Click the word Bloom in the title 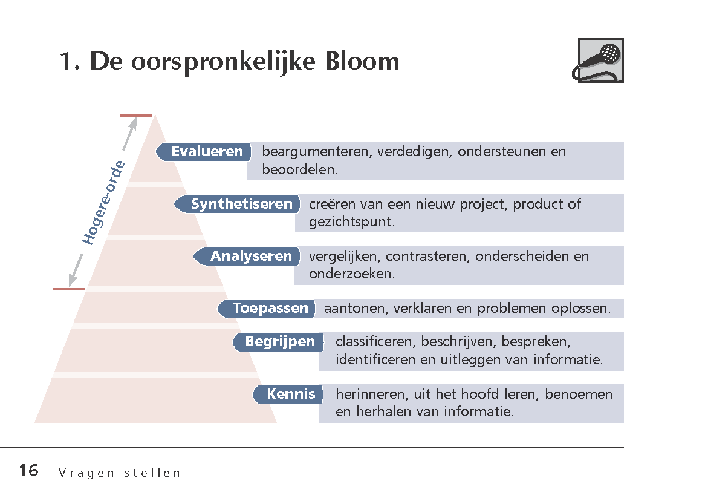pyautogui.click(x=362, y=61)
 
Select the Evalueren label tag pyautogui.click(x=203, y=152)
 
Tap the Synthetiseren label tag pyautogui.click(x=237, y=204)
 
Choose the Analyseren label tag pyautogui.click(x=247, y=256)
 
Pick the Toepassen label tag pyautogui.click(x=266, y=308)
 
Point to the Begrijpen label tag pyautogui.click(x=278, y=342)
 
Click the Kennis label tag pyautogui.click(x=288, y=394)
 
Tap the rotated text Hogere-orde pyautogui.click(x=103, y=203)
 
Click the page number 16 pyautogui.click(x=29, y=471)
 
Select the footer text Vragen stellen pyautogui.click(x=119, y=473)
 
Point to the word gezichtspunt pyautogui.click(x=352, y=222)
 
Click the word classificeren pyautogui.click(x=376, y=342)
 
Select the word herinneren pyautogui.click(x=372, y=394)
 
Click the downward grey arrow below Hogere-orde pyautogui.click(x=76, y=270)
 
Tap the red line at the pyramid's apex pyautogui.click(x=136, y=116)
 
